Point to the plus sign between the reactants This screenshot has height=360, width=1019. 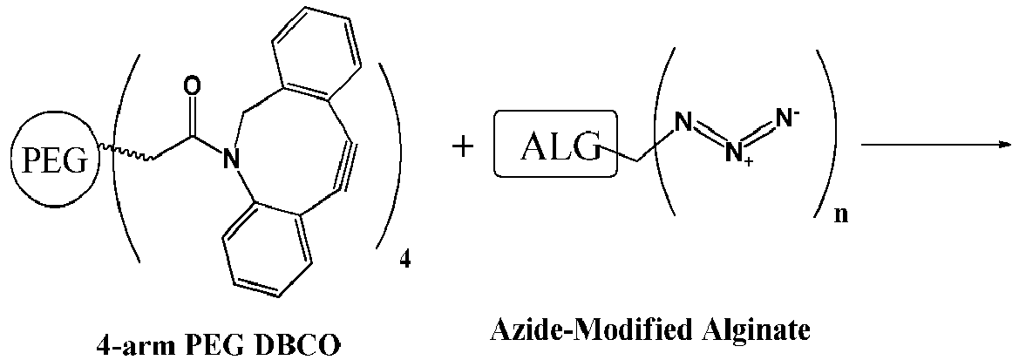coord(463,148)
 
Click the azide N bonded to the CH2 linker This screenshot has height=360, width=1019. coord(681,121)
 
